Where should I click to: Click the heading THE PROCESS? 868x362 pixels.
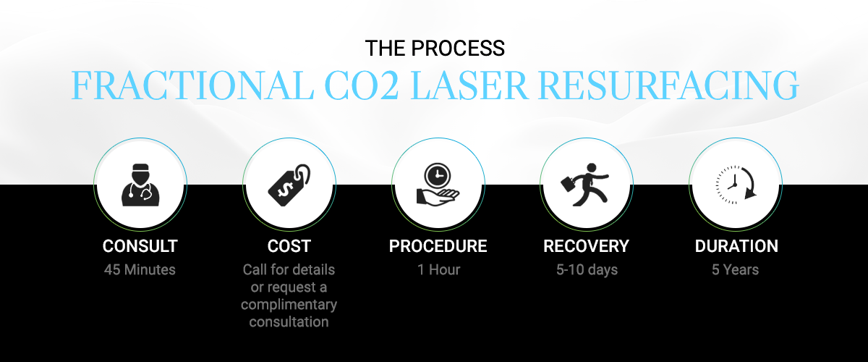point(435,48)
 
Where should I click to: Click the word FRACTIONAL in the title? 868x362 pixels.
point(192,85)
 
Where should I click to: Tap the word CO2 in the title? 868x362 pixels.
point(361,85)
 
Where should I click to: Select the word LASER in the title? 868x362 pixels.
point(468,85)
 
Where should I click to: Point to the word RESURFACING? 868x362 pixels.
point(668,85)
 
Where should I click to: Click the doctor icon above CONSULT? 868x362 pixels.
point(140,185)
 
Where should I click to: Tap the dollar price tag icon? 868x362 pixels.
point(289,185)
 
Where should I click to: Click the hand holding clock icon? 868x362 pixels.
point(438,184)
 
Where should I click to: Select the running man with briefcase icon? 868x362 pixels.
point(585,185)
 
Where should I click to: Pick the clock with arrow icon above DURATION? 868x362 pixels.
point(736,185)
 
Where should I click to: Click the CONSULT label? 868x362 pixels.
point(140,246)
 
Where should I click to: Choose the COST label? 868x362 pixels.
point(289,246)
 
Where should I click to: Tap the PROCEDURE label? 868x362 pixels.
point(438,246)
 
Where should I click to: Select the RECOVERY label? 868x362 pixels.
point(587,246)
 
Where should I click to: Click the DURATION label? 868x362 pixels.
point(736,246)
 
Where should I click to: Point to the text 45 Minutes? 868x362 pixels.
point(140,269)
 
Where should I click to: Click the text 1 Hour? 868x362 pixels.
point(438,269)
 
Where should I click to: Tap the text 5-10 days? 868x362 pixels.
point(587,270)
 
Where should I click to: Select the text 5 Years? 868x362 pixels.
point(735,269)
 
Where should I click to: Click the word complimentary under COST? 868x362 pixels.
point(289,305)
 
